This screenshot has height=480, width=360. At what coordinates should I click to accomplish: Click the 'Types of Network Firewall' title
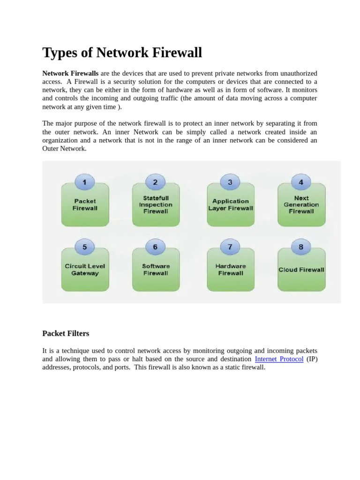coord(122,53)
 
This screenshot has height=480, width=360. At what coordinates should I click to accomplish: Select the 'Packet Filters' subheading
coord(66,333)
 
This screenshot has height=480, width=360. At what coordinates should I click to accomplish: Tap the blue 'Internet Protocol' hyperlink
coord(279,359)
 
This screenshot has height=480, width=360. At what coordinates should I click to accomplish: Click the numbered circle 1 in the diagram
coord(84,182)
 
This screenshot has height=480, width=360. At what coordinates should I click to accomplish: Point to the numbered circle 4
coord(301,182)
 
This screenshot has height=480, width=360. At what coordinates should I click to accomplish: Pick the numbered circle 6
coord(155,247)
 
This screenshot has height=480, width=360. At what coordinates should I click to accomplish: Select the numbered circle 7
coord(230,247)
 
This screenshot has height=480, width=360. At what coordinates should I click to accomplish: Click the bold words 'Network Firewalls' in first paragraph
coord(70,74)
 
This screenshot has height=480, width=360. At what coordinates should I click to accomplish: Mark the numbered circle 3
coord(230,182)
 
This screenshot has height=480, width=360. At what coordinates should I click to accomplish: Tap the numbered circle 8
coord(301,247)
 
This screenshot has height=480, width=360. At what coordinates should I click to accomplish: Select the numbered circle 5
coord(84,247)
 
